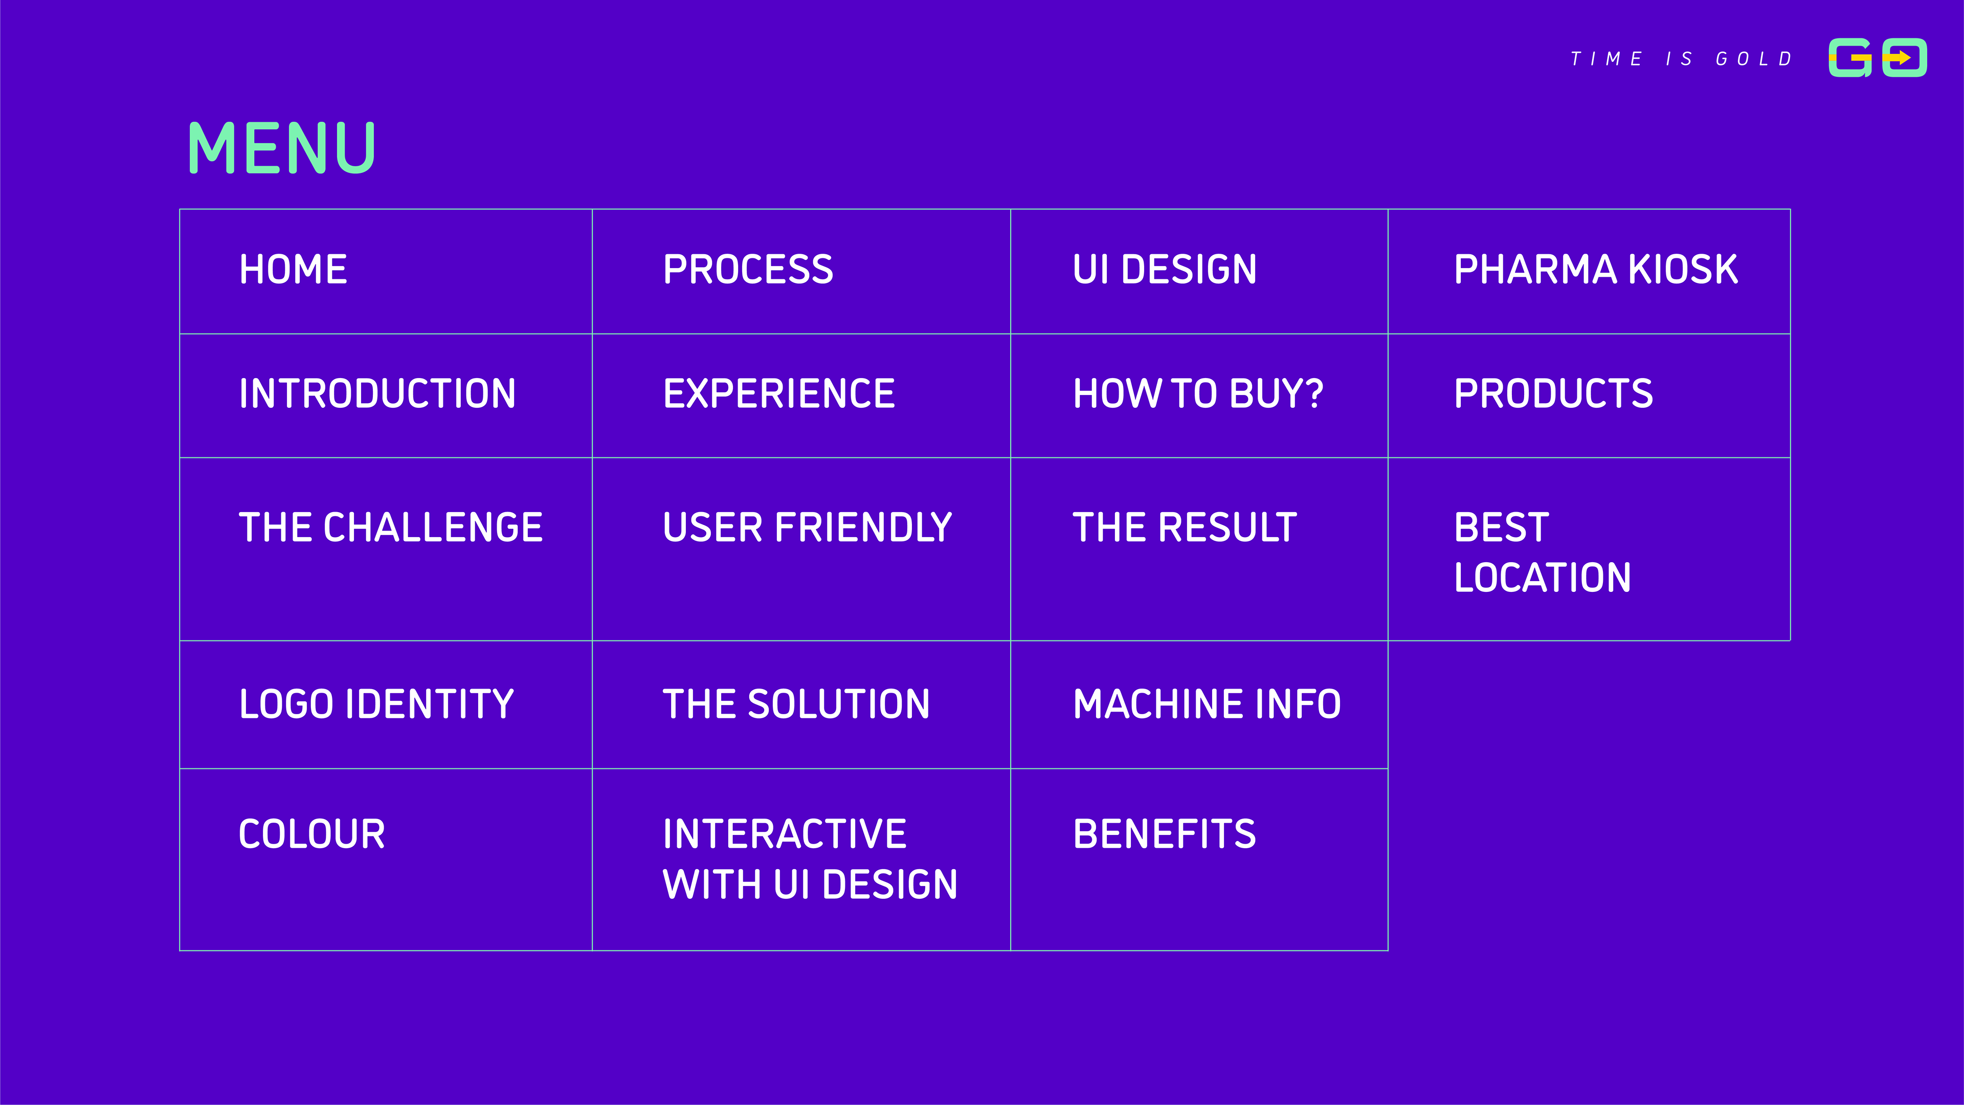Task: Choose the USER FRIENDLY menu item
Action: pos(808,528)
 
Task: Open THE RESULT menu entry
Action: pos(1185,528)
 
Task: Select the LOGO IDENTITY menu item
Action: pos(376,704)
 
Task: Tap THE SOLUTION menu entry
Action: pos(796,704)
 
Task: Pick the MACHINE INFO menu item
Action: pos(1207,704)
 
